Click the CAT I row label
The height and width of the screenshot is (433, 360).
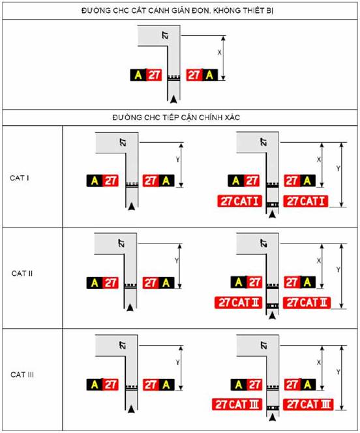tap(20, 178)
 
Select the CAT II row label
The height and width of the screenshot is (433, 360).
tap(22, 273)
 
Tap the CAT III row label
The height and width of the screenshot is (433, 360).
tap(22, 374)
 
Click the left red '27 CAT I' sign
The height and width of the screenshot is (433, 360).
tap(239, 201)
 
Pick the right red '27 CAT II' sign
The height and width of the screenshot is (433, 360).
tap(307, 303)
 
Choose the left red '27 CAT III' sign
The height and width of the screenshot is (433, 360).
tap(237, 404)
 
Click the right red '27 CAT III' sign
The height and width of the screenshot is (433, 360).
tap(308, 404)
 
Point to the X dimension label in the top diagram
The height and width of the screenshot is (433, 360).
tap(220, 52)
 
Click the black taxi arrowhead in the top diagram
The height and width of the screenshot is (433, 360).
tap(173, 99)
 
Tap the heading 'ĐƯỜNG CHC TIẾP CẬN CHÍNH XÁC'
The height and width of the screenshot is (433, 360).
tap(176, 117)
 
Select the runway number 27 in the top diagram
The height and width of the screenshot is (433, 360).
tap(166, 35)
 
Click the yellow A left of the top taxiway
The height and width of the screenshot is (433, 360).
tap(138, 75)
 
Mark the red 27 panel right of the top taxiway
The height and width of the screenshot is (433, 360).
tap(194, 75)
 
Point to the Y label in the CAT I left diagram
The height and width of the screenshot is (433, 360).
tap(177, 160)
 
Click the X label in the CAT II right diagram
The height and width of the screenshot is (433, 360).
tap(319, 260)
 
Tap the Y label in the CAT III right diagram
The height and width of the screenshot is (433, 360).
tap(338, 372)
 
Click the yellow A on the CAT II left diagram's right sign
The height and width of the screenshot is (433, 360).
tap(166, 283)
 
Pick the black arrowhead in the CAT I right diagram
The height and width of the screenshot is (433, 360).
tap(273, 214)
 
